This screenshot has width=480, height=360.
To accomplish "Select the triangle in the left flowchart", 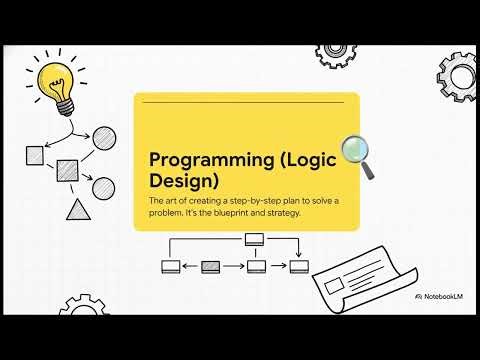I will (x=77, y=210).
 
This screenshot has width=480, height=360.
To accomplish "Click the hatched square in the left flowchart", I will (x=68, y=169).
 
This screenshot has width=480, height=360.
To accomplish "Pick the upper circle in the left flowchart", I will (x=104, y=138).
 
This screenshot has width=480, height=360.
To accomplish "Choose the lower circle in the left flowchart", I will (x=103, y=187).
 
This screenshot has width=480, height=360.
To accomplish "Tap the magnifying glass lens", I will (x=355, y=150).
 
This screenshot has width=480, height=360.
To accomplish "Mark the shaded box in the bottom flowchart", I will (x=211, y=266).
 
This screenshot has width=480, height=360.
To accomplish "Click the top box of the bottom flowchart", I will (x=254, y=239).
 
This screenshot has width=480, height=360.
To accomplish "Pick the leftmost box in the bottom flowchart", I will (x=170, y=266).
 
